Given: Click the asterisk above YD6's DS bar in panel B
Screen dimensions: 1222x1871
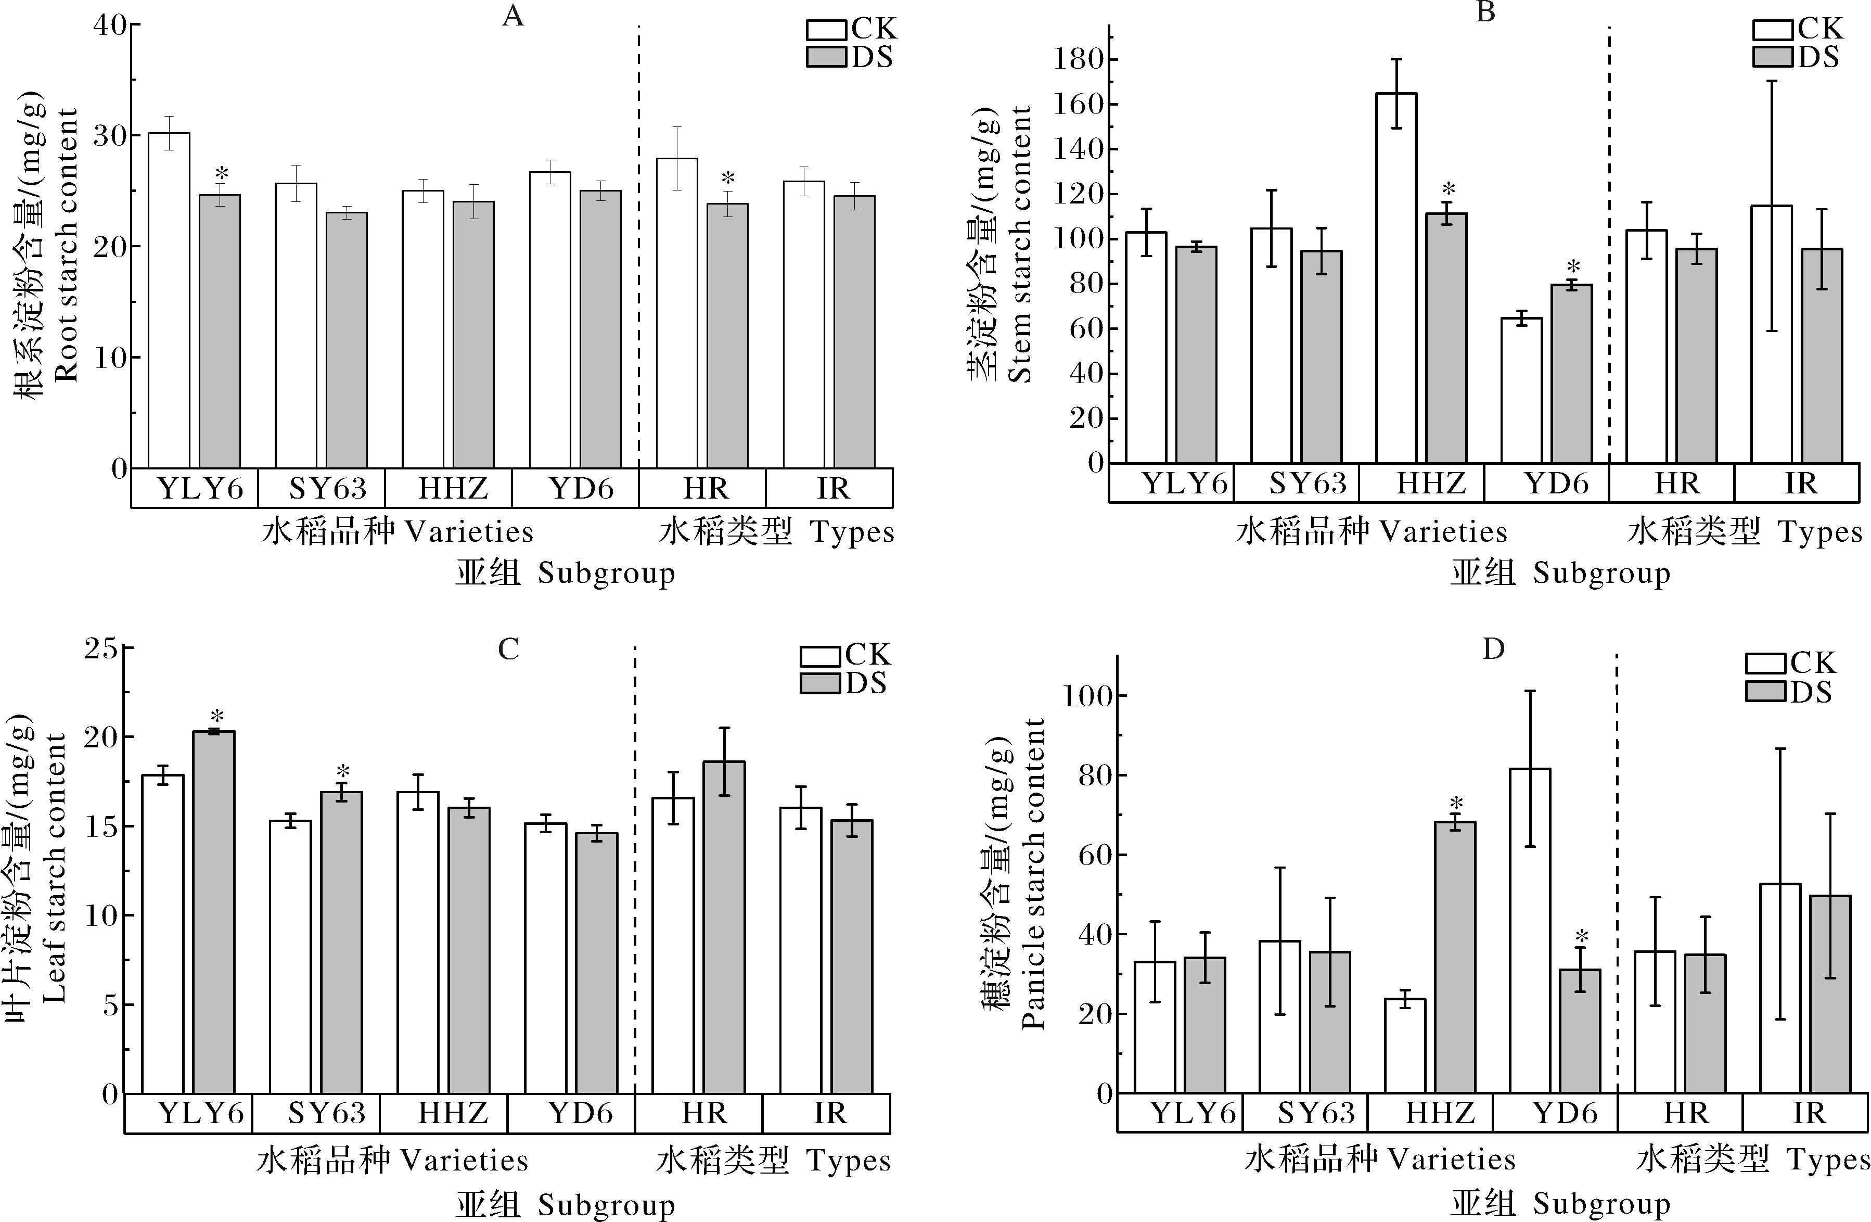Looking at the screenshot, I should coord(1572,266).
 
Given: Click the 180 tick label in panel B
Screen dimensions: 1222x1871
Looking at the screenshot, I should coord(1085,60).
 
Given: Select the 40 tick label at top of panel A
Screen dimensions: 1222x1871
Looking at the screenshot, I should coord(110,25).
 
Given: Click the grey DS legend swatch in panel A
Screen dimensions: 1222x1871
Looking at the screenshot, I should coord(827,57).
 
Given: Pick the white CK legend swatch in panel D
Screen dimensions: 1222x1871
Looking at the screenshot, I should coord(1766,663).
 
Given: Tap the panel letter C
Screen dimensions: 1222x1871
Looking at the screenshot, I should coord(509,650).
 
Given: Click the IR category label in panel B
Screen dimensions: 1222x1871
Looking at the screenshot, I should coord(1800,483).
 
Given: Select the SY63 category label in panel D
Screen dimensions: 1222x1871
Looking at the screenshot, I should coord(1316,1113).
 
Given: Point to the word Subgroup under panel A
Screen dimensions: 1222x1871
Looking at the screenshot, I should coord(606,574).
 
